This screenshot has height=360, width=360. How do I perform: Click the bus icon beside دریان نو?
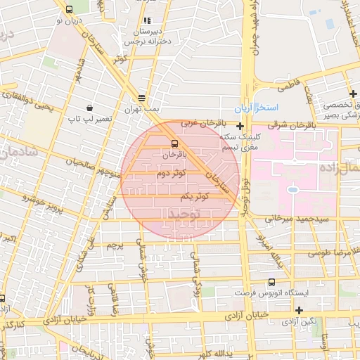(68, 10)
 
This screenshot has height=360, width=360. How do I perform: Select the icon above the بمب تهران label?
(142, 98)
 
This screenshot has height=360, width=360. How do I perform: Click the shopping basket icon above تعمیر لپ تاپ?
(90, 108)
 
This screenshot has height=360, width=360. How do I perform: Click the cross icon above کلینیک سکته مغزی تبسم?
(240, 125)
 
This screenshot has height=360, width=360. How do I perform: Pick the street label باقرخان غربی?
(196, 123)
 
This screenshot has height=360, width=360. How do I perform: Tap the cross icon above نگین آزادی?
(300, 310)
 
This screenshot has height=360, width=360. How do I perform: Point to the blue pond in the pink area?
(292, 188)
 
